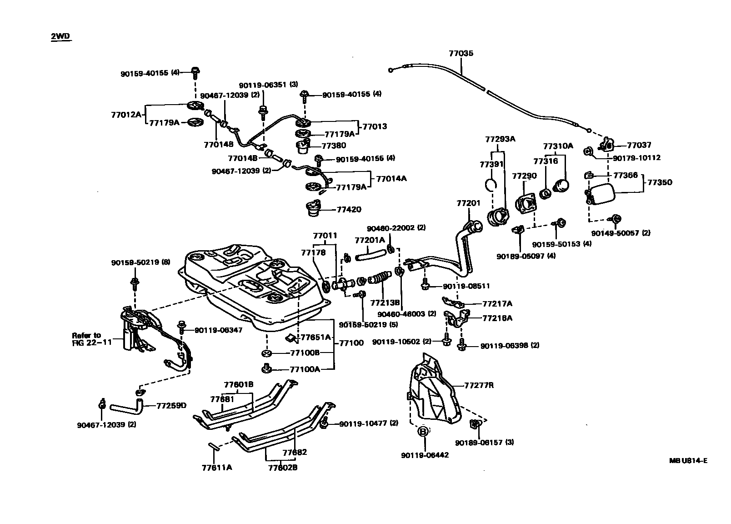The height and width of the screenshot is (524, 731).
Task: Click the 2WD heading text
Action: tap(61, 37)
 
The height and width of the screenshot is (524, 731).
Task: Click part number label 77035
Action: tap(461, 53)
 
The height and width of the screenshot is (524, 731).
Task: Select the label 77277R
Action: tap(479, 385)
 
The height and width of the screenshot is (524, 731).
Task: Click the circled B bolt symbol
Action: tap(422, 431)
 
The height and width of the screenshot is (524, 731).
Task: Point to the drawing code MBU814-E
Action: tap(688, 460)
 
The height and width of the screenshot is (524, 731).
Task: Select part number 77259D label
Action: tap(171, 405)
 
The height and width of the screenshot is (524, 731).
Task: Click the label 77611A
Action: tap(217, 467)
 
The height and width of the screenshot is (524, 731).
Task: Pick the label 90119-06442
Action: tap(425, 455)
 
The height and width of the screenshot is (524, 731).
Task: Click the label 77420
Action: tap(349, 210)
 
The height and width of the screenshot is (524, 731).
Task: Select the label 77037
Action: tap(639, 145)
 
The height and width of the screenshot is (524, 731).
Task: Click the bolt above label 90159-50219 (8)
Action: tap(135, 283)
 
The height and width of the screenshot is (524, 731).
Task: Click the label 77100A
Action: tap(305, 369)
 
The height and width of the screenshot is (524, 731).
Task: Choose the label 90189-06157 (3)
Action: tap(485, 442)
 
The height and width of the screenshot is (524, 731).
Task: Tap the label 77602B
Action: tap(282, 467)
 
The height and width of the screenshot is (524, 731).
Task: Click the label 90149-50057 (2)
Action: tap(621, 233)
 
